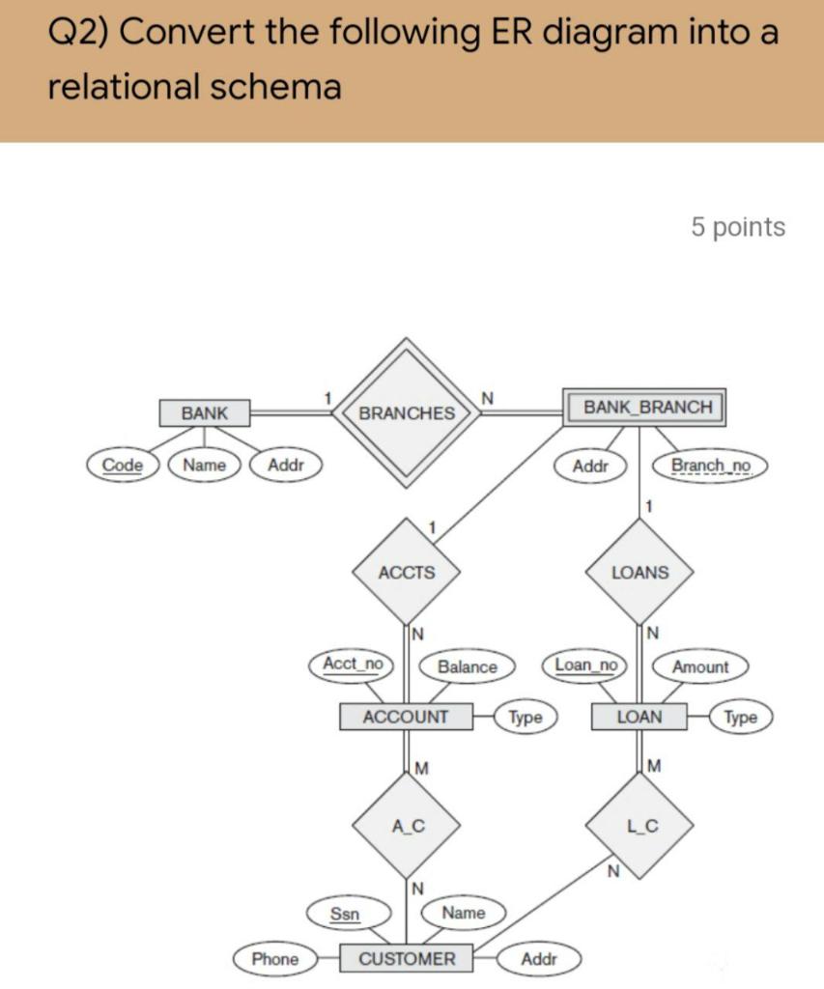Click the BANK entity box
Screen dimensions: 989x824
click(x=205, y=413)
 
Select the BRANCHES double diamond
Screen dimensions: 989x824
click(x=407, y=412)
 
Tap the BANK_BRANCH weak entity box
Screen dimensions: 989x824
click(x=643, y=407)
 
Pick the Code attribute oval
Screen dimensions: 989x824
click(x=123, y=465)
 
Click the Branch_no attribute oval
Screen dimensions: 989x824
click(x=711, y=466)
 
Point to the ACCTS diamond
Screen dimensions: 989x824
click(x=407, y=572)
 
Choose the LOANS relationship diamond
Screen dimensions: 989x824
click(x=639, y=573)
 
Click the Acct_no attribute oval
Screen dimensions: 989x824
click(x=353, y=664)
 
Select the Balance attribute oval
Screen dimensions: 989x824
click(x=468, y=666)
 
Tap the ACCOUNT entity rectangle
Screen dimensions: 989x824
click(x=406, y=717)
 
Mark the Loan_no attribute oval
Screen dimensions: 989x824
click(x=586, y=664)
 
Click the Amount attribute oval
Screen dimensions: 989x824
click(x=700, y=666)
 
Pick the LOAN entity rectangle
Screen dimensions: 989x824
click(x=639, y=717)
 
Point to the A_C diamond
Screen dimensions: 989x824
click(x=408, y=826)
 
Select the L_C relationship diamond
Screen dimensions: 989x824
click(x=642, y=826)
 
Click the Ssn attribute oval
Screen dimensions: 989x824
click(x=345, y=913)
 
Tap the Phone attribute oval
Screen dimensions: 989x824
click(x=275, y=959)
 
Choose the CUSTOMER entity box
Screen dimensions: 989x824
click(x=407, y=959)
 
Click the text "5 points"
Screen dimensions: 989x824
click(x=738, y=227)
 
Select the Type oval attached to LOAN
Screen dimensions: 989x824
click(x=741, y=717)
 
